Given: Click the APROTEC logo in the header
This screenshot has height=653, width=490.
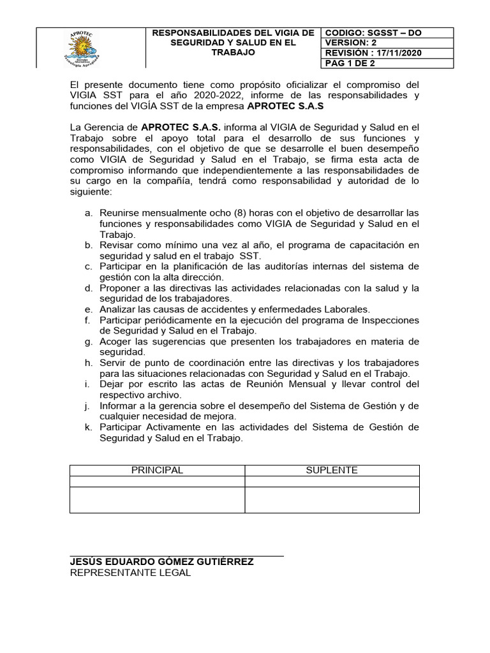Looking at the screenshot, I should [x=91, y=47].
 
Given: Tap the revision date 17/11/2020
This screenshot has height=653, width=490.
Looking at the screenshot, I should [x=394, y=53].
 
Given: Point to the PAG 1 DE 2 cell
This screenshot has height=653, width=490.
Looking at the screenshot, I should [x=351, y=63].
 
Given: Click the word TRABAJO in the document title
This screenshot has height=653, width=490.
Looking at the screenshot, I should [x=233, y=52].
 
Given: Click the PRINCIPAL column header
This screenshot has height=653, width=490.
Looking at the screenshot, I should [x=157, y=470].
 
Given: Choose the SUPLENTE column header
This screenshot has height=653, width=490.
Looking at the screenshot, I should [x=332, y=470].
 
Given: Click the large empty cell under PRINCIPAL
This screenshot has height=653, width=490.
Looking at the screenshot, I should [x=157, y=499].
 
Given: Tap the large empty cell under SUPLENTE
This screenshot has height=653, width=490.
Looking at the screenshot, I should [x=332, y=499].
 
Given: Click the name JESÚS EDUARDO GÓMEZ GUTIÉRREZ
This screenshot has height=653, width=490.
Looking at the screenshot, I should [x=161, y=562].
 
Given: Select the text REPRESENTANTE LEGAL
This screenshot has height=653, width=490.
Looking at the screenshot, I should [x=130, y=573].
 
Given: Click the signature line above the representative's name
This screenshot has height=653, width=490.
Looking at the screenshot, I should [x=176, y=556].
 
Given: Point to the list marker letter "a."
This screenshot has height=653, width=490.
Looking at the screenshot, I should [x=89, y=212].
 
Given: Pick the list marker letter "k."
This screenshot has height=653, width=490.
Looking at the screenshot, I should [x=89, y=427].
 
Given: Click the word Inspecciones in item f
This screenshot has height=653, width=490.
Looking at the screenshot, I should [x=390, y=319].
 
